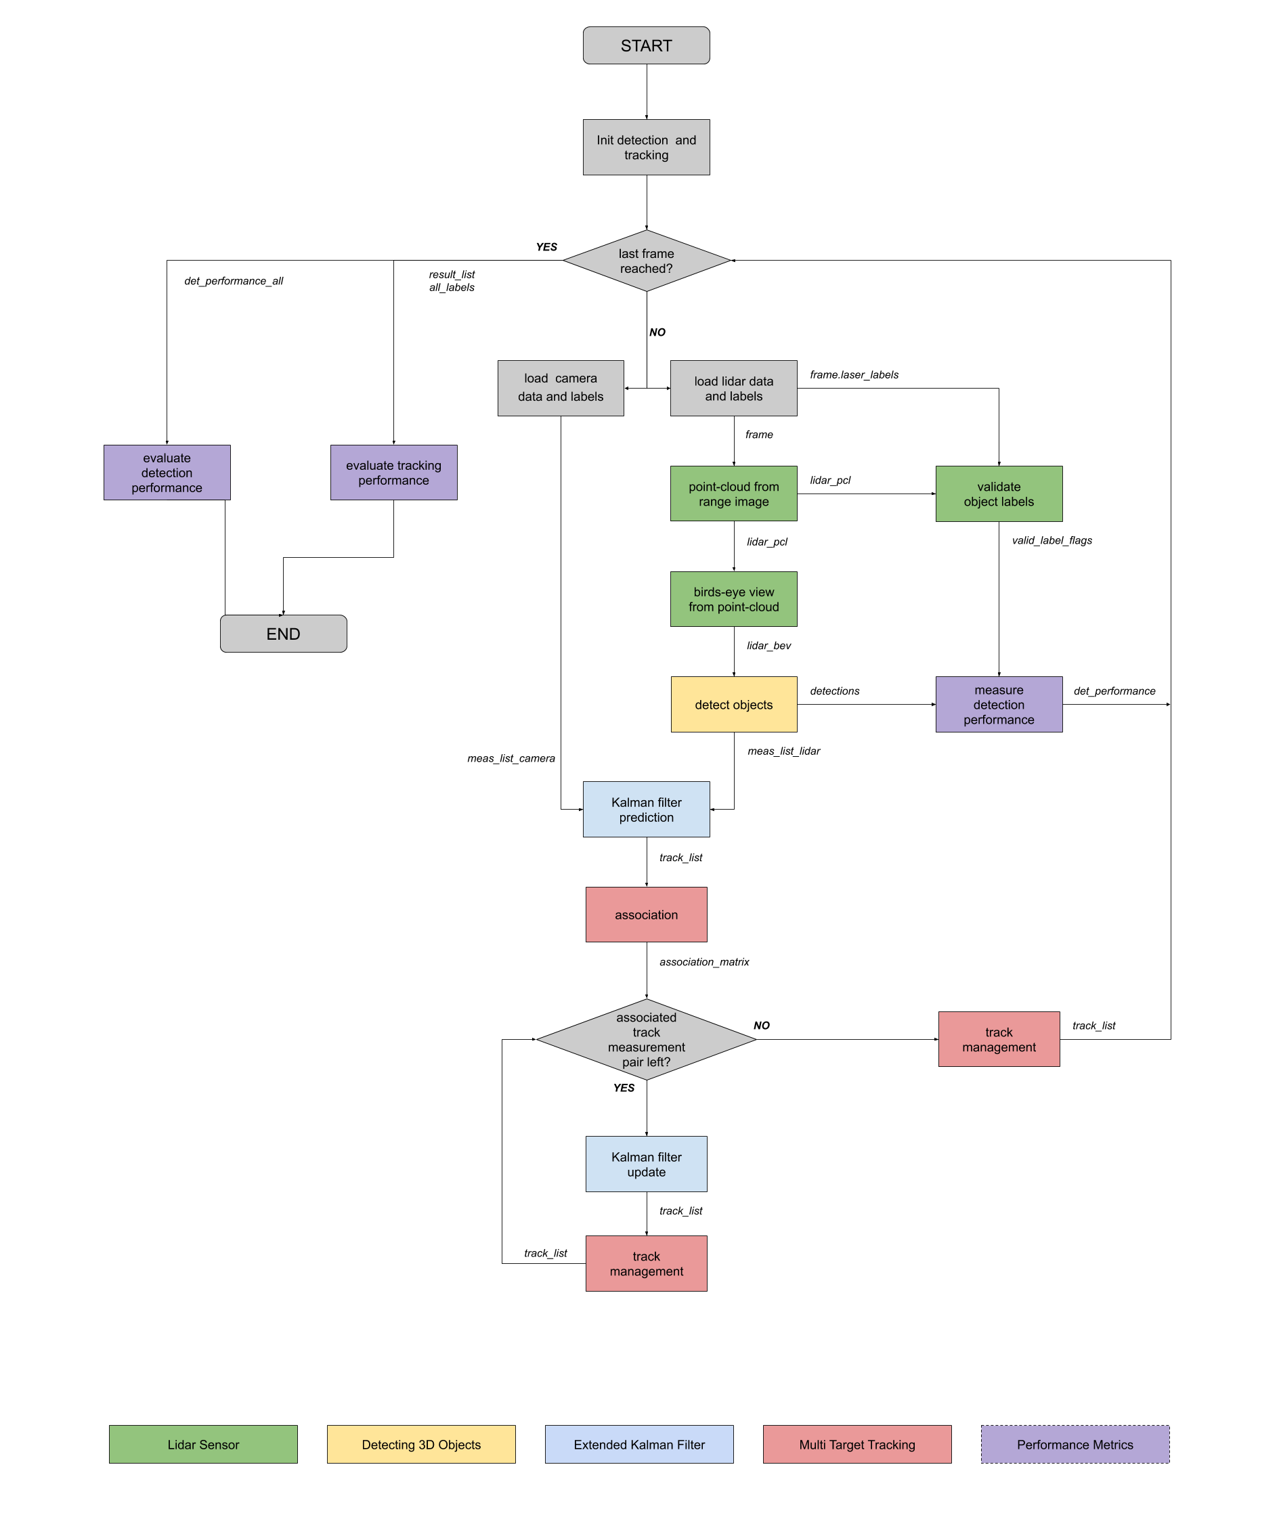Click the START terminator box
click(x=646, y=45)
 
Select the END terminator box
click(x=284, y=634)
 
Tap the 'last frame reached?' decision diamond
click(x=646, y=261)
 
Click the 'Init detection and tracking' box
click(x=646, y=147)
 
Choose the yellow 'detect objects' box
click(x=733, y=704)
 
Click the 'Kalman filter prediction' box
click(x=646, y=810)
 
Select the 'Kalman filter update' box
click(x=646, y=1164)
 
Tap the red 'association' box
click(x=646, y=915)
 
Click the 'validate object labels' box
click(x=999, y=494)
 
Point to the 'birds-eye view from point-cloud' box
click(x=733, y=599)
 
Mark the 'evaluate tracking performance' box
click(x=393, y=473)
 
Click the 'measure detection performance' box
click(x=999, y=704)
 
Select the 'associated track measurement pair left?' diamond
click(x=646, y=1039)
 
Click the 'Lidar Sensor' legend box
click(x=203, y=1444)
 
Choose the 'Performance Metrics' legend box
click(x=1075, y=1444)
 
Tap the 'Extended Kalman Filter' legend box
click(x=639, y=1444)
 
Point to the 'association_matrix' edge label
click(x=704, y=962)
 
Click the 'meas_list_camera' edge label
click(x=511, y=758)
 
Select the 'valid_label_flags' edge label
click(x=1052, y=540)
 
